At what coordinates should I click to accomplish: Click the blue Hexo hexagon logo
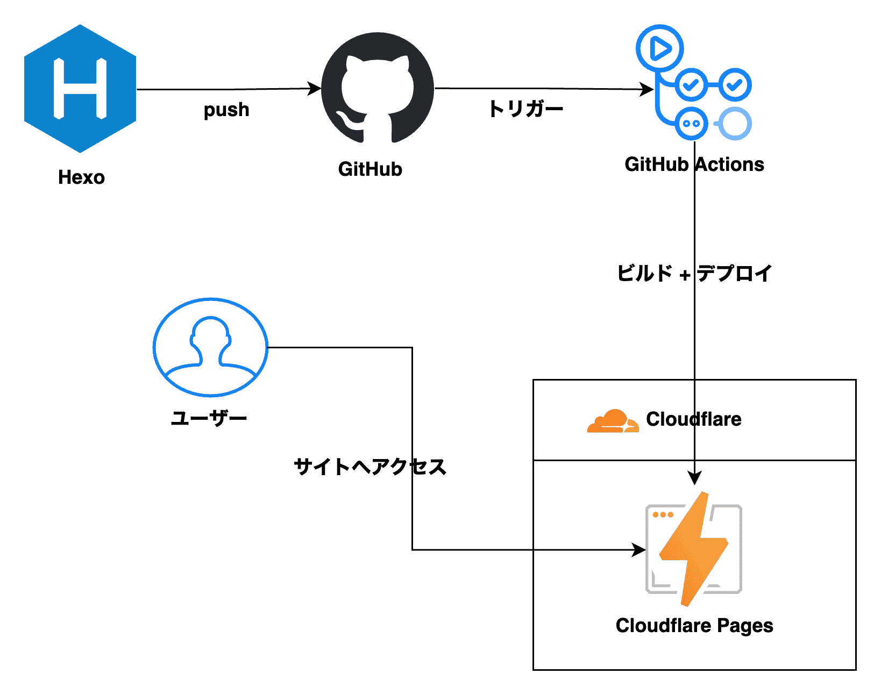coord(80,89)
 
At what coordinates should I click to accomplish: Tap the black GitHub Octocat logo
coord(378,88)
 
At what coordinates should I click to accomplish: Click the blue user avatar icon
coord(210,347)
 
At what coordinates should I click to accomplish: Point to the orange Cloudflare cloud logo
coord(613,421)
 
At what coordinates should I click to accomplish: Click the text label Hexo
coord(81,177)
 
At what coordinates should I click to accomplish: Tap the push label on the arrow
coord(226,110)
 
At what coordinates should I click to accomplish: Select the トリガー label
coord(525,109)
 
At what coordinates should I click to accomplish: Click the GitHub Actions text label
coord(694,164)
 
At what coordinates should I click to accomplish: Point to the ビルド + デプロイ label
coord(694,274)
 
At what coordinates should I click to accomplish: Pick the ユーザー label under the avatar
coord(209,418)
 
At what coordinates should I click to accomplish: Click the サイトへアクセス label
coord(370,467)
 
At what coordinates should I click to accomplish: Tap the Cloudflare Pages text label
coord(694,626)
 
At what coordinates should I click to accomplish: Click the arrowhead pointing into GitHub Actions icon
coord(648,89)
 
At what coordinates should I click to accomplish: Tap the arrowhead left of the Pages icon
coord(640,550)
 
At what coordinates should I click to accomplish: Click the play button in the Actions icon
coord(660,48)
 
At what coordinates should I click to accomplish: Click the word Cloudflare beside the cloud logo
coord(693,419)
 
